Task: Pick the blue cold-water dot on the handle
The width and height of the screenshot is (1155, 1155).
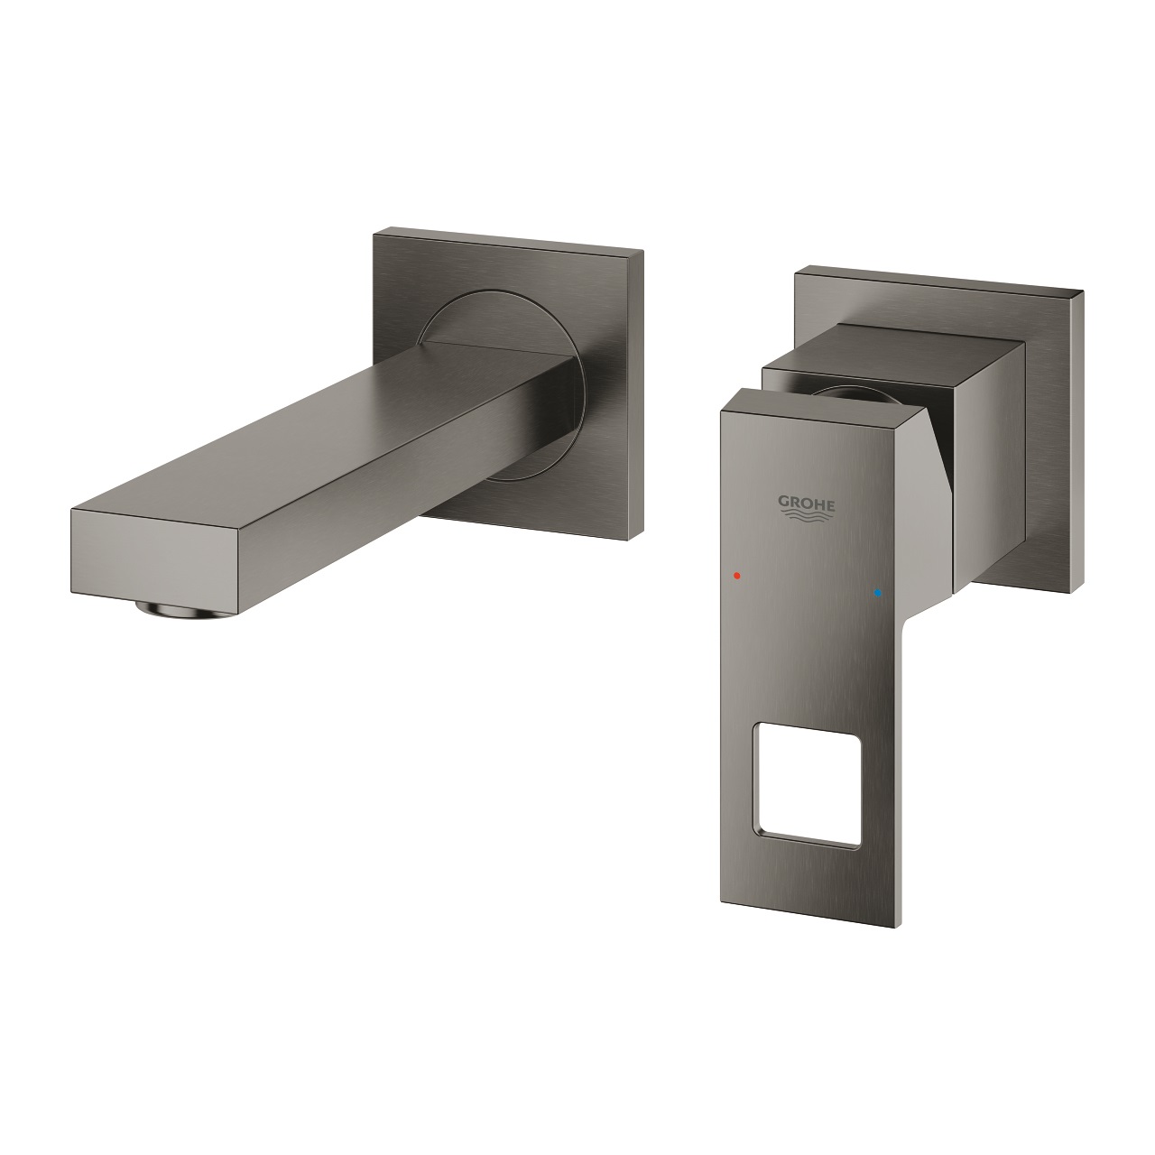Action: pyautogui.click(x=874, y=594)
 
